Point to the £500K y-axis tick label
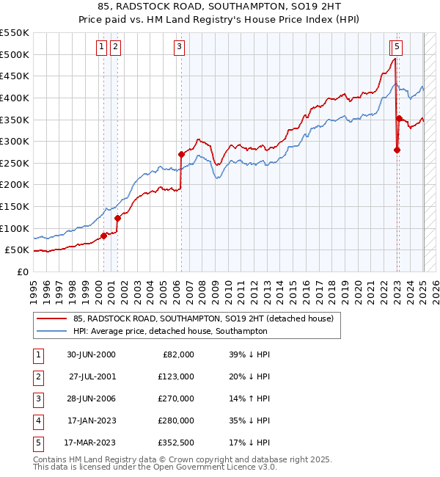[15, 54]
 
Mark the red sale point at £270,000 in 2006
[181, 154]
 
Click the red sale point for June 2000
[103, 235]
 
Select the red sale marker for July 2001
[117, 217]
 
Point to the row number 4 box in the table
[37, 420]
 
